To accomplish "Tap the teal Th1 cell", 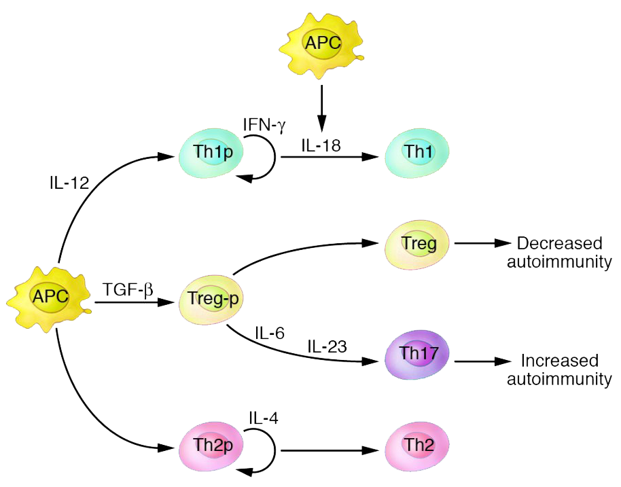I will [417, 152].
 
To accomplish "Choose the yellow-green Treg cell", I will [419, 243].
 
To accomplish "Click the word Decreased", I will [559, 243].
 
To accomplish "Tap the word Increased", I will [559, 360].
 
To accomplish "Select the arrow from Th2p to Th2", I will [330, 450].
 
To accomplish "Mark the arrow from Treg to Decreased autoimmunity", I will [482, 242].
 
